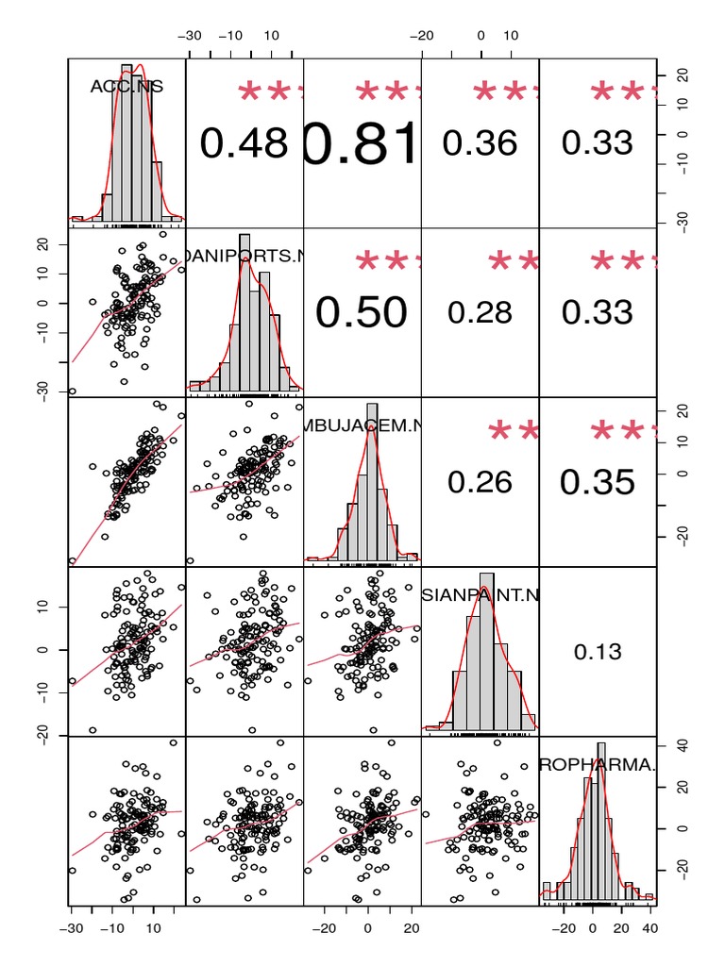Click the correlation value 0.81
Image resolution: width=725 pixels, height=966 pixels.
[x=362, y=143]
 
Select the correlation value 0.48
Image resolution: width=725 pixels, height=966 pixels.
[x=244, y=142]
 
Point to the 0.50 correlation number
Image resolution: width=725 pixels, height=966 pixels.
[x=361, y=312]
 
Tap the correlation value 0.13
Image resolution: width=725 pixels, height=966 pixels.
[x=597, y=651]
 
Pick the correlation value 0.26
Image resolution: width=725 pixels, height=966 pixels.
[x=480, y=482]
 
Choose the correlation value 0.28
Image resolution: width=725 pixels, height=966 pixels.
[x=480, y=312]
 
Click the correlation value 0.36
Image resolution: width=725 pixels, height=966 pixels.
[x=480, y=142]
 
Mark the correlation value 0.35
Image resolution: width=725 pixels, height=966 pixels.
[x=597, y=482]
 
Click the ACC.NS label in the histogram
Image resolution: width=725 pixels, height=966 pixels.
[x=126, y=86]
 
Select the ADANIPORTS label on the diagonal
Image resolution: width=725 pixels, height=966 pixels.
[x=244, y=255]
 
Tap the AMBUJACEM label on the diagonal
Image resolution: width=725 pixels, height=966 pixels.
[x=362, y=425]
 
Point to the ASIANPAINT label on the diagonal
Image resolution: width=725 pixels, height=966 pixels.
[x=481, y=594]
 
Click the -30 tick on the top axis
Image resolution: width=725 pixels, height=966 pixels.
[x=193, y=36]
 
